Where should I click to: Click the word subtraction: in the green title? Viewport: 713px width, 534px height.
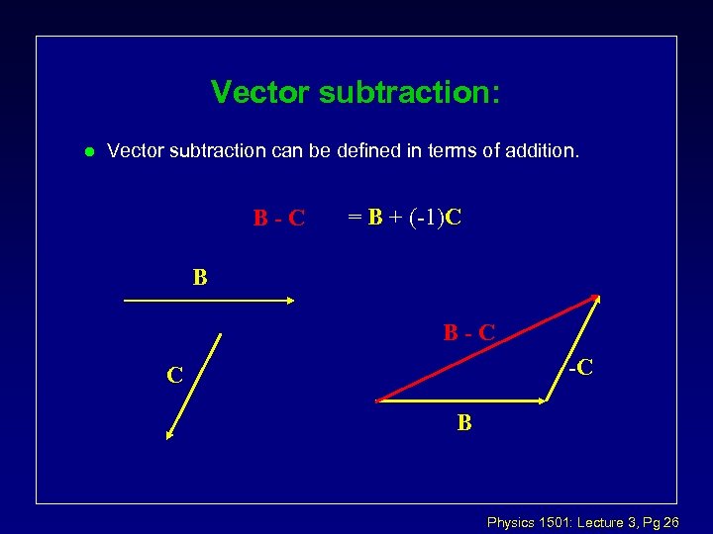tap(410, 93)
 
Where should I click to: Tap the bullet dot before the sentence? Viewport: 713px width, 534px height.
tap(88, 152)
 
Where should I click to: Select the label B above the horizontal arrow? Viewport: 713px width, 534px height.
tap(200, 277)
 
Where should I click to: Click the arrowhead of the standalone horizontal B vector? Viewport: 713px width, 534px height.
tap(290, 300)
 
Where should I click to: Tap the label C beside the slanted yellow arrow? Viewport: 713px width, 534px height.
tap(174, 376)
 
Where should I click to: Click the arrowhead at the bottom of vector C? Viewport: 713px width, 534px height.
tap(170, 434)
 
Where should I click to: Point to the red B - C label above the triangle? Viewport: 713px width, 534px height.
tap(469, 332)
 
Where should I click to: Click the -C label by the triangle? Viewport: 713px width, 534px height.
tap(580, 368)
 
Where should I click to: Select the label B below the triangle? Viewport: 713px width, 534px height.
tap(464, 423)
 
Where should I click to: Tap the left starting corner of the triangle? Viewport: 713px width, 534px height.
tap(377, 400)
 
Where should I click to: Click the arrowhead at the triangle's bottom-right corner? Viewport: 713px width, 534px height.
tap(544, 400)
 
